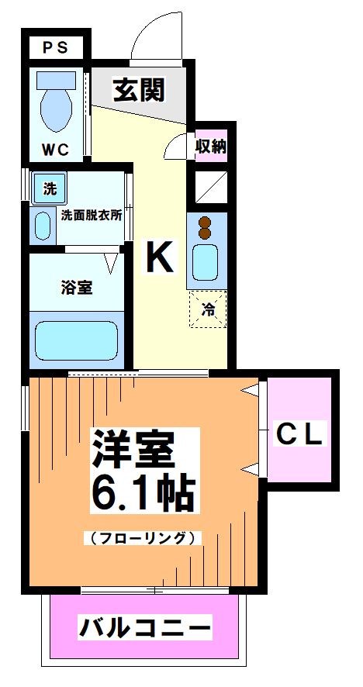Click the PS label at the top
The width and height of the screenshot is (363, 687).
55,47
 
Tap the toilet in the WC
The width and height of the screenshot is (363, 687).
55,105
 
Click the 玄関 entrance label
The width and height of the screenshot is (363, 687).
140,91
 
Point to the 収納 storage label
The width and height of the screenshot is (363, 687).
210,145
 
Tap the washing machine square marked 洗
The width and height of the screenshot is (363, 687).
50,188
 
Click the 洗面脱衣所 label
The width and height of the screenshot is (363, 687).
92,216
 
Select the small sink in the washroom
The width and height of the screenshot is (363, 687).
42,224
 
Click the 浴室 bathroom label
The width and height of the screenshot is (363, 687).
77,287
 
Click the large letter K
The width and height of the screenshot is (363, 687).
160,257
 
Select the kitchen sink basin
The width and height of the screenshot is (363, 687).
206,262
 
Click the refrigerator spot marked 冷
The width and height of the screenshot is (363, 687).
209,309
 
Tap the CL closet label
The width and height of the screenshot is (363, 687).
299,433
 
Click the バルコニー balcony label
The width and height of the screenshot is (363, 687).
144,627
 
